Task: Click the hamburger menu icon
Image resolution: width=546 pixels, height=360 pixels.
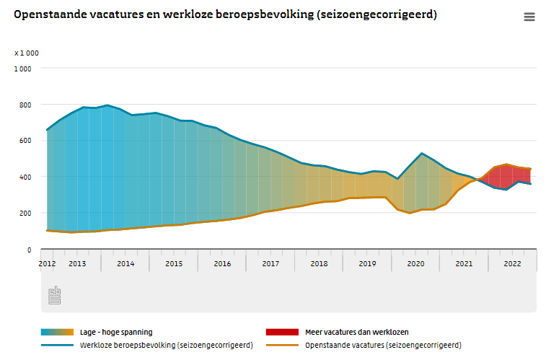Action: point(529,17)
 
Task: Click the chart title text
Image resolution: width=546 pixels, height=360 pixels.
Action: point(225,14)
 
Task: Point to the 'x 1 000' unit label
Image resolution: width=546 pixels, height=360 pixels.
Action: point(27,53)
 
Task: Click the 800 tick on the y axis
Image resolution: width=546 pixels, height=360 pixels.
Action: point(25,105)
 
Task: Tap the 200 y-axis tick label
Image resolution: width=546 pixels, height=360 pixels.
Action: point(25,214)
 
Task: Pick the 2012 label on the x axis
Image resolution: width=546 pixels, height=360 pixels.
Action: point(47,264)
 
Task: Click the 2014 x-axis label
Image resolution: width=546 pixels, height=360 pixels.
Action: point(126,264)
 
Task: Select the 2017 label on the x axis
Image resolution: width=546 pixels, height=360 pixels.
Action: point(270,264)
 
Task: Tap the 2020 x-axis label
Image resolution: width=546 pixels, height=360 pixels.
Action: point(415,264)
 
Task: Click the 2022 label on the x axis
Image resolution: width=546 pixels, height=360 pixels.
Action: point(512,264)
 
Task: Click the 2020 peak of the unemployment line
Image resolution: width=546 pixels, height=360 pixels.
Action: point(421,154)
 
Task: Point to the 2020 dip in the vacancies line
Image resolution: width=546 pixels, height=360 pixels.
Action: point(410,213)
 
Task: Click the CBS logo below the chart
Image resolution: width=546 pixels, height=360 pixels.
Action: point(55,294)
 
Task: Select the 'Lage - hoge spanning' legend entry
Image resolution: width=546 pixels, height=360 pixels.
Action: point(115,332)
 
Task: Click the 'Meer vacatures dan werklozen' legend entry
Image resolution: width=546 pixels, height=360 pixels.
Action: point(356,332)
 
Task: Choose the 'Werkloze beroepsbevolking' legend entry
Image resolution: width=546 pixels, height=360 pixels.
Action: point(166,346)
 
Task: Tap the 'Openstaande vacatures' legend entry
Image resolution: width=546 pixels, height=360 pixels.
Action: point(382,346)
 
